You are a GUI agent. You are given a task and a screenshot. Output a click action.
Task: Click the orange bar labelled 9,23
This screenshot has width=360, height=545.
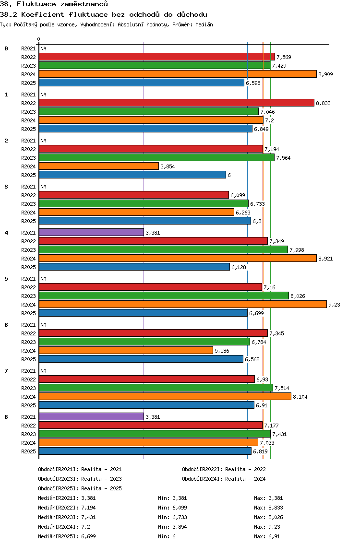182,304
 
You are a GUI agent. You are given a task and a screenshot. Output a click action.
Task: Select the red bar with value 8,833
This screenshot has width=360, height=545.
176,103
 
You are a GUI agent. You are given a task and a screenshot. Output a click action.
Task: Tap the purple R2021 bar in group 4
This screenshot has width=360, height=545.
91,232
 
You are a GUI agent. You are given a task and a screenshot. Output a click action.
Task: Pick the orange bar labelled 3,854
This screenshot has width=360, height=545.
98,166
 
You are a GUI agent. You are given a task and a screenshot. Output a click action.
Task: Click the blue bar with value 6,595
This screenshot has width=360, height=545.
142,83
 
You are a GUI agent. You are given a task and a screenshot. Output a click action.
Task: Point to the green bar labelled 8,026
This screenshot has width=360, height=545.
164,296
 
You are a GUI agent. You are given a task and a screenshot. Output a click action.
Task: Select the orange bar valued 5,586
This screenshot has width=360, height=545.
126,350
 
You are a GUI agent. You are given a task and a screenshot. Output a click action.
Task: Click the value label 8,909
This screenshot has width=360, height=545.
325,74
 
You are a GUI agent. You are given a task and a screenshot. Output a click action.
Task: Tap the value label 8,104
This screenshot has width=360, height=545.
300,397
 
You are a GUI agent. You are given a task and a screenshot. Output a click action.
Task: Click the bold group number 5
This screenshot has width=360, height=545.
6,279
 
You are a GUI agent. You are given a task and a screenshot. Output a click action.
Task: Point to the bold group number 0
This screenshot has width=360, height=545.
6,48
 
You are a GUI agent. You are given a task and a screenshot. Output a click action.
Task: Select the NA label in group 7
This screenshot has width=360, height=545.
43,371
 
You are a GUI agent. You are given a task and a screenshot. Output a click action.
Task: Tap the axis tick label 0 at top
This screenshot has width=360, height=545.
39,39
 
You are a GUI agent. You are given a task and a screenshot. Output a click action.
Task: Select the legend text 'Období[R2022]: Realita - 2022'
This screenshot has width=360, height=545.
224,469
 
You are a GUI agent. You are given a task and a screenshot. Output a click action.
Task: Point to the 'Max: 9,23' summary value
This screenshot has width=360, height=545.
267,527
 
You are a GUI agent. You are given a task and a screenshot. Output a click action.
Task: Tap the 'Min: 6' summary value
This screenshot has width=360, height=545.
167,536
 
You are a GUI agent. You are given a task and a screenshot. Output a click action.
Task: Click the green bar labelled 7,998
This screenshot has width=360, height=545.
163,249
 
